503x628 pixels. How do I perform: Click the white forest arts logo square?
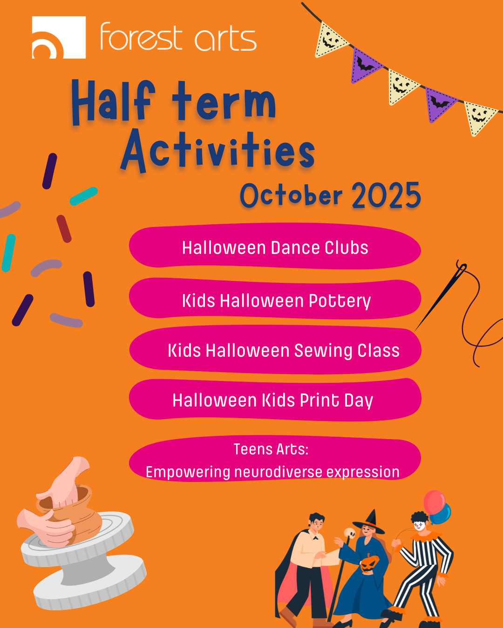59,37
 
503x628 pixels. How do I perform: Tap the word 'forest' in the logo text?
142,37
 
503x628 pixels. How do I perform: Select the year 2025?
387,195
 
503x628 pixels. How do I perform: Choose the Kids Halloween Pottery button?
275,298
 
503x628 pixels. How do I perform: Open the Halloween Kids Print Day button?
275,400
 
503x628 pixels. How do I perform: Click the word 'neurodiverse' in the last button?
278,472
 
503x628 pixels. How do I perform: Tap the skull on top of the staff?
350,533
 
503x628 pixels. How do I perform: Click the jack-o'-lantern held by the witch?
369,564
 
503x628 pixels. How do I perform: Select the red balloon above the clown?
435,502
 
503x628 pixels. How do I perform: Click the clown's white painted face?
420,526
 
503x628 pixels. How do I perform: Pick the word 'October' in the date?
291,195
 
